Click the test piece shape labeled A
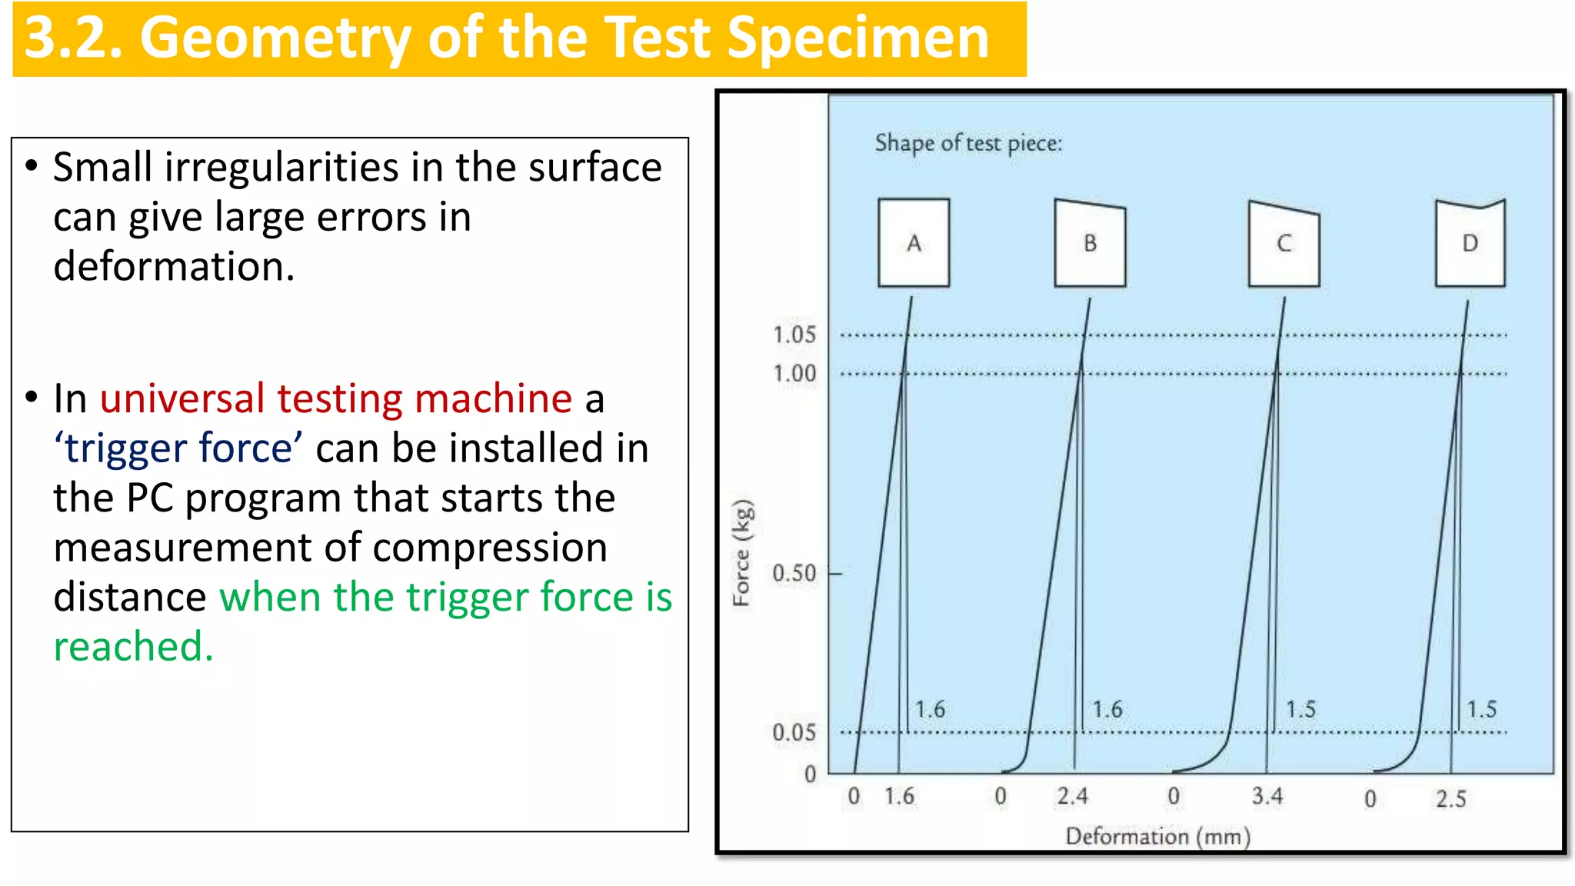(x=914, y=243)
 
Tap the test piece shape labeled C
(x=1284, y=244)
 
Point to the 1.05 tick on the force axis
(x=794, y=335)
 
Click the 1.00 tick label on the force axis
(x=794, y=374)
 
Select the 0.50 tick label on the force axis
(x=794, y=573)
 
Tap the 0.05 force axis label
(x=794, y=732)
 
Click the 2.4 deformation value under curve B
(x=1072, y=796)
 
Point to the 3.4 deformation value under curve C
(x=1267, y=796)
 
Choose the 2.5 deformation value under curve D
(x=1450, y=799)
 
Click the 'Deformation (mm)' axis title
(x=1157, y=836)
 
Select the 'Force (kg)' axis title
(x=742, y=552)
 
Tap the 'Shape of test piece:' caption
(x=968, y=143)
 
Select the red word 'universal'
(x=182, y=398)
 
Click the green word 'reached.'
(x=133, y=646)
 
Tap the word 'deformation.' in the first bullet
(x=174, y=267)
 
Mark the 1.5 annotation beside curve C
(x=1300, y=709)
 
